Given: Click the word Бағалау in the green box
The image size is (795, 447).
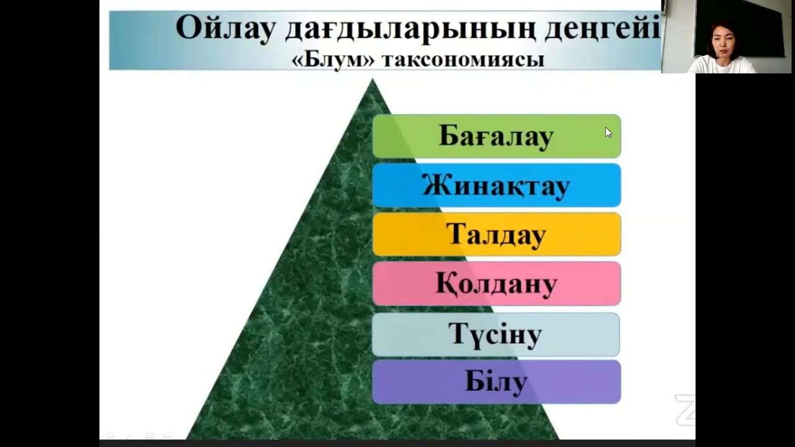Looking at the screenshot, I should coord(496,136).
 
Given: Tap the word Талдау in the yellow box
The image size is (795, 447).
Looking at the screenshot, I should coord(496,235).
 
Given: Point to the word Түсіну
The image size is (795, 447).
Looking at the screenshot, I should coord(496,334).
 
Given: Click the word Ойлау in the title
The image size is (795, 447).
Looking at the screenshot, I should coord(225,28).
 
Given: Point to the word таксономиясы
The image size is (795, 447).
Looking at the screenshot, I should coord(463,60).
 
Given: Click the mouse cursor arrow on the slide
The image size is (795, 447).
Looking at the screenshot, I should coord(608,132).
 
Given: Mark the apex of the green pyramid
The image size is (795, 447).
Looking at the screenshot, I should coord(372,80).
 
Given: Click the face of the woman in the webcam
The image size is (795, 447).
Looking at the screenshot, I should coord(720,43).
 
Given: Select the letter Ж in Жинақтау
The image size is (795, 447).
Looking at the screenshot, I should coord(435,186).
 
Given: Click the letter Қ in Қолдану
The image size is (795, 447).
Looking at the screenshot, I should coord(446,284).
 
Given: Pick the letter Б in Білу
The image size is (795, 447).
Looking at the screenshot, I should coord(475,382).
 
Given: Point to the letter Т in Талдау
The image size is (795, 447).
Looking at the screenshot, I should coord(456,235).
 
